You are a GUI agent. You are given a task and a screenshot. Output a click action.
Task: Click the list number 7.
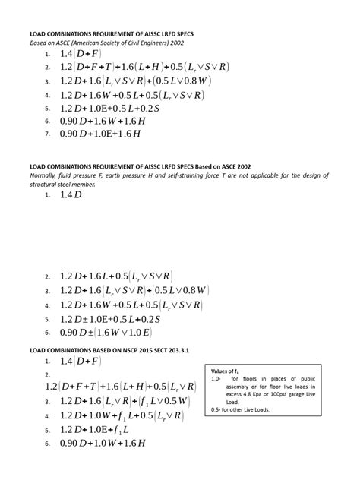coord(46,134)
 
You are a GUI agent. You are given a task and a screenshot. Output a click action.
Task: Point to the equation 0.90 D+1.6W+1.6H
coord(102,121)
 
